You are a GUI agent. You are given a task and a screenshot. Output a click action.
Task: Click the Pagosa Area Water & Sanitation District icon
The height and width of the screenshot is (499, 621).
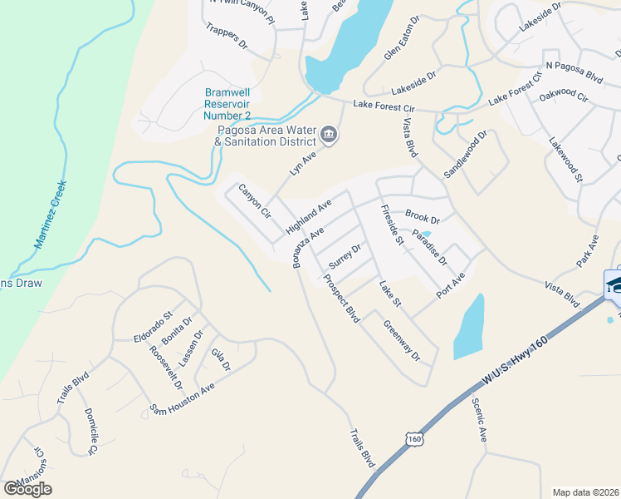[x=330, y=136]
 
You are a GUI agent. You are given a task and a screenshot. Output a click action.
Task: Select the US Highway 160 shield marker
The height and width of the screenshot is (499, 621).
[x=415, y=437]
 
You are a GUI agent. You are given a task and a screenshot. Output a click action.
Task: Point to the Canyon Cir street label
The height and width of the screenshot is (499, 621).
[x=255, y=201]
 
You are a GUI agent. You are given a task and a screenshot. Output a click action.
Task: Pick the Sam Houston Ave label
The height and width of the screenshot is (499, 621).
[x=182, y=398]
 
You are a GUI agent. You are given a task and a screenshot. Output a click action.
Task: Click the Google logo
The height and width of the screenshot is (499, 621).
[x=27, y=489]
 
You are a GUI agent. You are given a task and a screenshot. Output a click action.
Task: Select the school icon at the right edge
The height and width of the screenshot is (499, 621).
[x=615, y=283]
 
